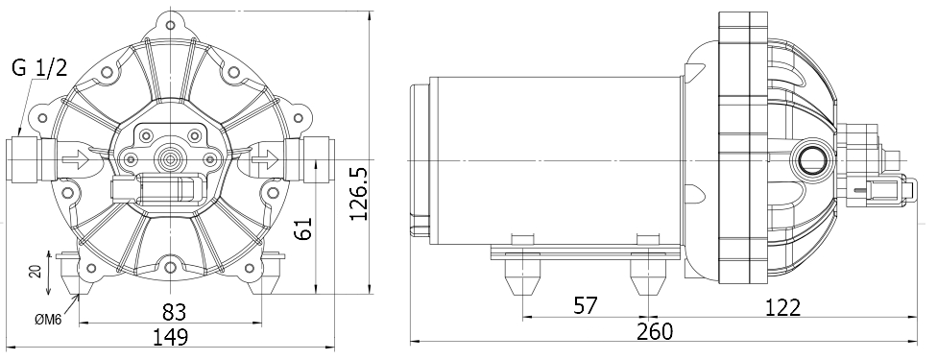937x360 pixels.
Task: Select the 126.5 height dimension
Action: [x=357, y=193]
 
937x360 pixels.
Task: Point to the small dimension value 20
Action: [x=36, y=272]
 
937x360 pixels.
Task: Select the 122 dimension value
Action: [x=782, y=306]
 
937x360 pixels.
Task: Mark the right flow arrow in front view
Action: [x=265, y=159]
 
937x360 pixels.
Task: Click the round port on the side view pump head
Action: [x=811, y=159]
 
